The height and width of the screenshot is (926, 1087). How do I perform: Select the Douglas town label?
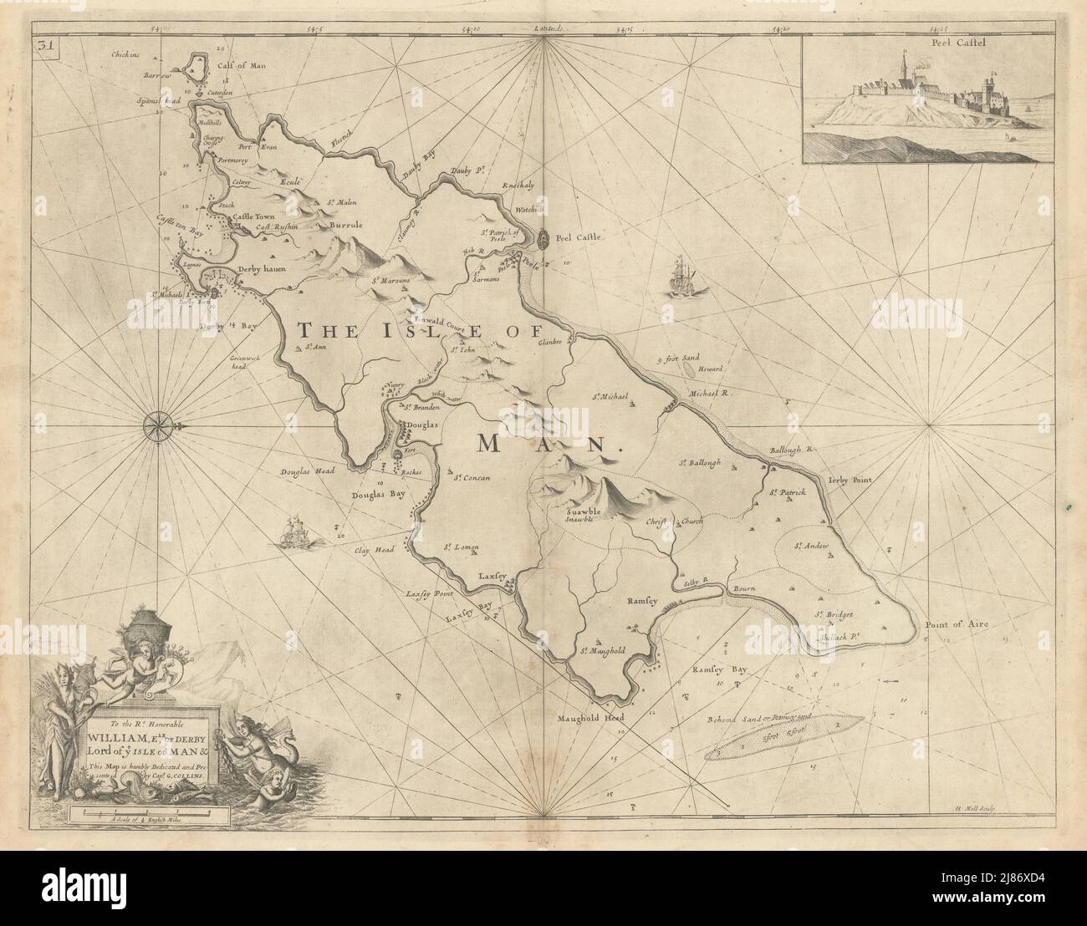(x=422, y=425)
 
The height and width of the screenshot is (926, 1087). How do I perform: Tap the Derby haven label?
(x=262, y=269)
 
